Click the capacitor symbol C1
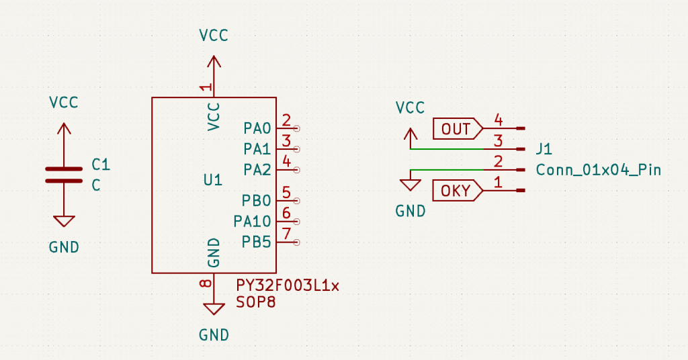tap(64, 174)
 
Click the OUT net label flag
tap(457, 128)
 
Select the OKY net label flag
tap(457, 191)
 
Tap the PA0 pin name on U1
tap(257, 128)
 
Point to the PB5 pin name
tap(257, 242)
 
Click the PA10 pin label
tap(253, 221)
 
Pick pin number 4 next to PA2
tap(286, 161)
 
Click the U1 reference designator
tap(212, 180)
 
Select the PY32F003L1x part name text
tap(288, 285)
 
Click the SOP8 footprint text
tap(256, 303)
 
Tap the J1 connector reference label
tap(544, 148)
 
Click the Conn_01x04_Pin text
tap(598, 170)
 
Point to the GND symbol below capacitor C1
tap(64, 222)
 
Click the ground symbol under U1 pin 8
tap(214, 309)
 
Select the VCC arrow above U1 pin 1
tap(214, 62)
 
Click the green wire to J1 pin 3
tap(450, 148)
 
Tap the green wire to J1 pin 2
tap(450, 169)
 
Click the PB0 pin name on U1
tap(257, 200)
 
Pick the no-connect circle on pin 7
tap(297, 242)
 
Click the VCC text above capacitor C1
tap(64, 103)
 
